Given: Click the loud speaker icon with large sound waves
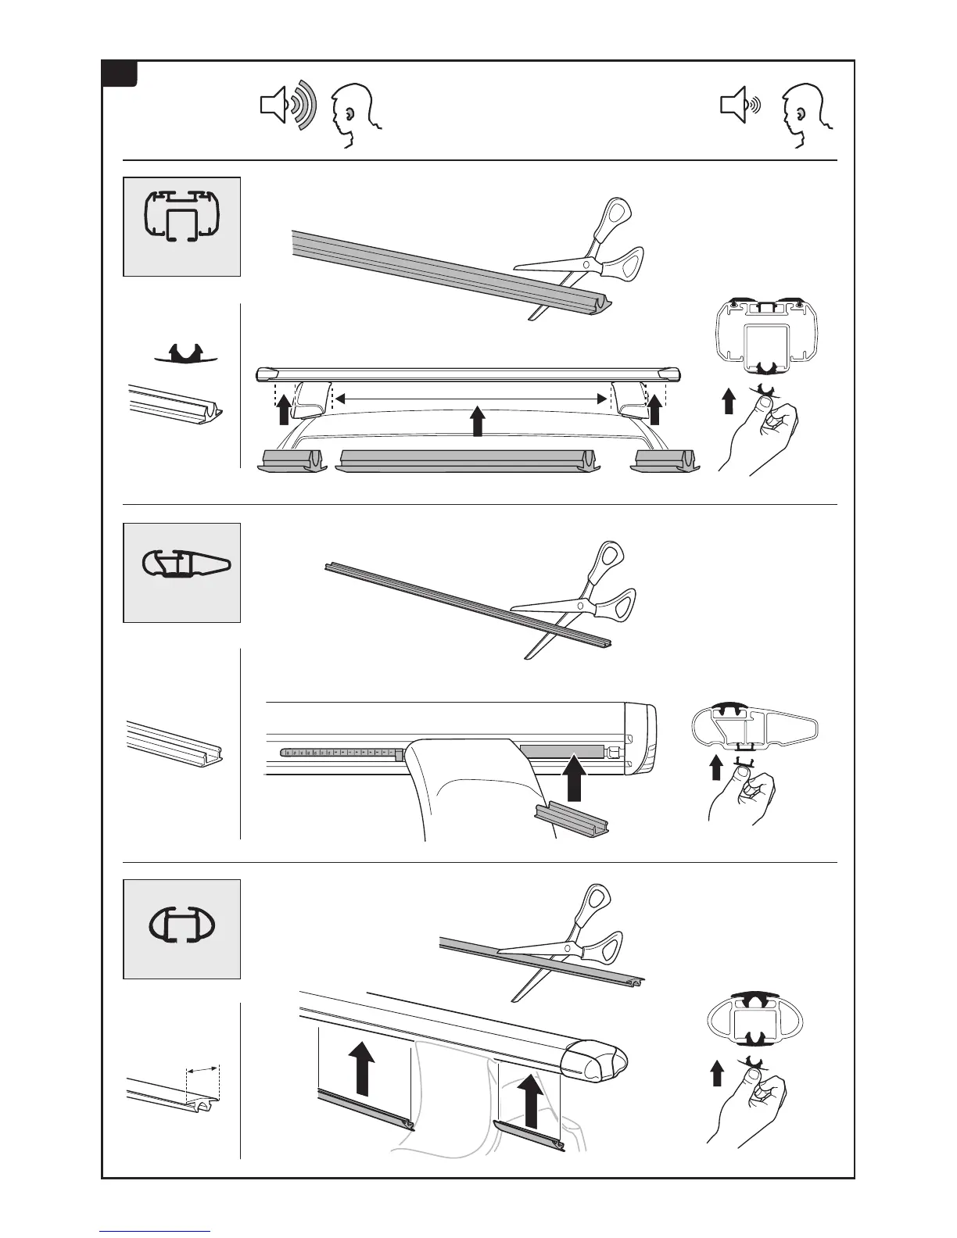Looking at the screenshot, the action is (x=287, y=106).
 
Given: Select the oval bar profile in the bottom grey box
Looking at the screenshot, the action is (x=182, y=927).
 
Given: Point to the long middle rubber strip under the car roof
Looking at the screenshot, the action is (x=468, y=460).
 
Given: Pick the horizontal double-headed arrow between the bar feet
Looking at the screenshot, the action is (x=471, y=399).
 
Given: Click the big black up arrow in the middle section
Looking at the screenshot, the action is (x=575, y=777).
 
